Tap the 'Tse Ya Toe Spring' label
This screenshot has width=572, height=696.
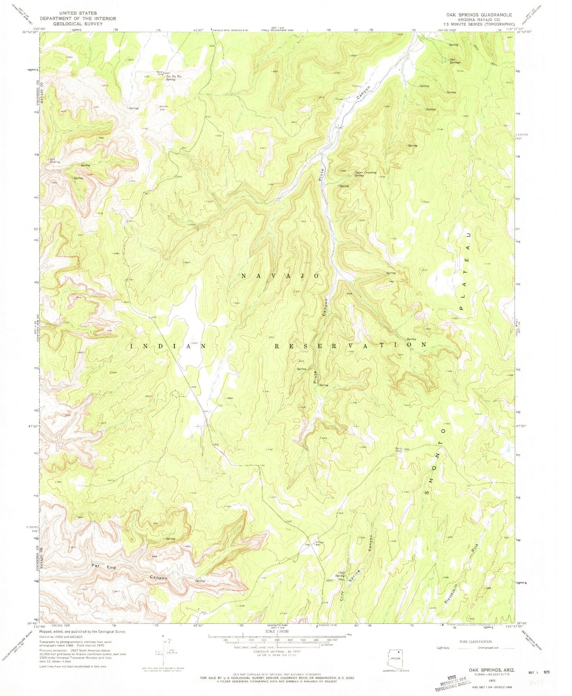tap(173, 78)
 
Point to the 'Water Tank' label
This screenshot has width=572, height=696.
tap(160, 73)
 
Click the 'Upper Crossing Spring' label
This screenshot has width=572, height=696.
tap(365, 174)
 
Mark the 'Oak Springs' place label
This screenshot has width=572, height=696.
tap(454, 61)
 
